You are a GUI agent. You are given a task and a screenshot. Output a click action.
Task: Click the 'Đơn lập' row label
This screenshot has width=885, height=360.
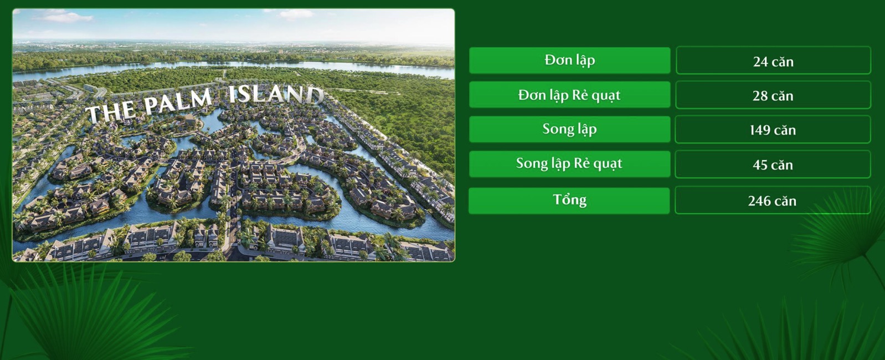569,60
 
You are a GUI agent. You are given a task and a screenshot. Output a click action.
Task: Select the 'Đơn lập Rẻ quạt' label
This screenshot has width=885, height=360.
569,95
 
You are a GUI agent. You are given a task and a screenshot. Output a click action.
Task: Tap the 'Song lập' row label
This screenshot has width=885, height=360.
569,129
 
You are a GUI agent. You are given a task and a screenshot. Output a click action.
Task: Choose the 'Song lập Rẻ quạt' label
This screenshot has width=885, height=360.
569,163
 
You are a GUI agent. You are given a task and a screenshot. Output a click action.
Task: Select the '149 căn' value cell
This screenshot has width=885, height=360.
773,129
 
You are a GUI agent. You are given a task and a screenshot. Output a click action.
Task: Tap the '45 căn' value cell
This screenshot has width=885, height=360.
773,164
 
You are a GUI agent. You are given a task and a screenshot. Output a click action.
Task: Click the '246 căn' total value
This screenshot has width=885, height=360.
773,200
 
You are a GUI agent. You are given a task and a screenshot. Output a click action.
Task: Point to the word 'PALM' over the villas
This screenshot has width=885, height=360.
178,101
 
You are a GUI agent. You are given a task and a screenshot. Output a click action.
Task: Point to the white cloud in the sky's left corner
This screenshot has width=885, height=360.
63,16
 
